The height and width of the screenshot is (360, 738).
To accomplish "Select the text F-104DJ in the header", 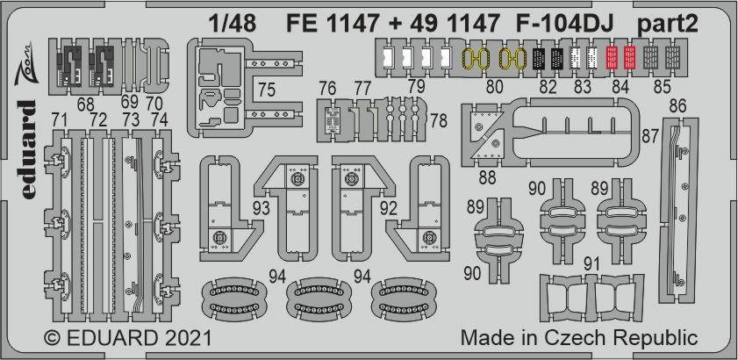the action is click(565, 24).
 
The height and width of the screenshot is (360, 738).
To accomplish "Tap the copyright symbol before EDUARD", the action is click(53, 338).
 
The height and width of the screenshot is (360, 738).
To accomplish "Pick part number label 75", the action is click(267, 90).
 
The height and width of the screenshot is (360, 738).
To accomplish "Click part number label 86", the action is click(677, 106).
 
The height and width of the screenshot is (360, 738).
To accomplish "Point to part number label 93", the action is click(261, 208).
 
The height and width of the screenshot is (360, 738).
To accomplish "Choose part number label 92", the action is click(389, 208).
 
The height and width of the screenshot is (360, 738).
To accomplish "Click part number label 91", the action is click(591, 264).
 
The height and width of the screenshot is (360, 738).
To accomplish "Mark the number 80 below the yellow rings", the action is click(495, 87).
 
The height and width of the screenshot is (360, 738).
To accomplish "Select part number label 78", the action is click(438, 120).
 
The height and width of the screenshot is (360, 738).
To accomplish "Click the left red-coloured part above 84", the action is click(612, 57).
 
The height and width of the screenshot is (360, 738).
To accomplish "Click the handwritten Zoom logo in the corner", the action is click(23, 64).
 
